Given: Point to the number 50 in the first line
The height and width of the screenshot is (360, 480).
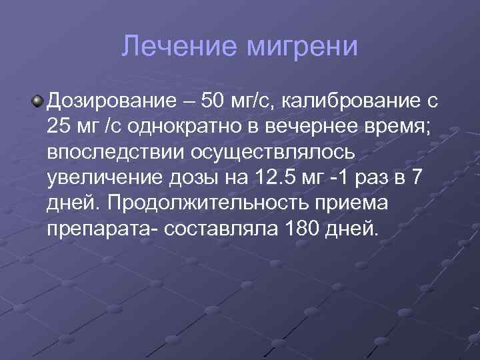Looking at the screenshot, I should pos(217,102).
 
